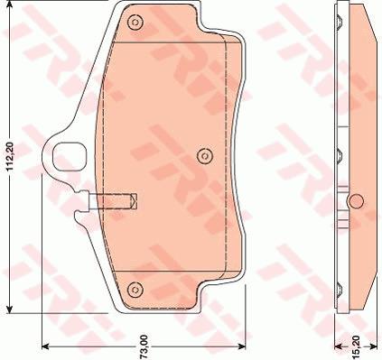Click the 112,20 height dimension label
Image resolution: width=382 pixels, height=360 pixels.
click(10, 157)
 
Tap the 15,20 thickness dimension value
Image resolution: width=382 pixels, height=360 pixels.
click(357, 347)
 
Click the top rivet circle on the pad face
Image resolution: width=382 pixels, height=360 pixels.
click(135, 23)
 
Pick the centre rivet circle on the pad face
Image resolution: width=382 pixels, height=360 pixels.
click(204, 156)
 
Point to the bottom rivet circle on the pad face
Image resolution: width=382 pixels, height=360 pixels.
click(134, 290)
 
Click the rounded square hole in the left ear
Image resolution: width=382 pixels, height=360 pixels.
click(70, 156)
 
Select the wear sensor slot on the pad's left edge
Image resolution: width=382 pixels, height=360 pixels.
click(113, 201)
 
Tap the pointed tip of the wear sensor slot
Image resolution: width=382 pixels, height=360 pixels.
click(137, 201)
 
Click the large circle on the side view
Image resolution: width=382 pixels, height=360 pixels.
click(356, 201)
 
